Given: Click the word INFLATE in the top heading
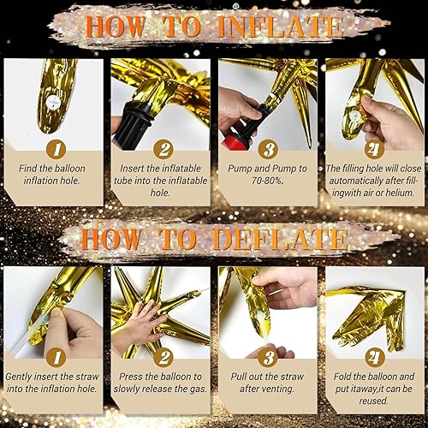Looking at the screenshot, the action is click(280, 27).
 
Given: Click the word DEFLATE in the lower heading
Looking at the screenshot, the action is click(281, 239).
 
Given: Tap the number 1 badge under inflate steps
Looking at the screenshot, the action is click(56, 149).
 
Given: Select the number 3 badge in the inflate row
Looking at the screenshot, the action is click(268, 149).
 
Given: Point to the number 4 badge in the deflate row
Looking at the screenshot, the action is click(375, 357).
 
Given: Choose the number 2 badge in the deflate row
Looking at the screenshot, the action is click(163, 357).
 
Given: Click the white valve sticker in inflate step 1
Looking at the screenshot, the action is click(52, 102).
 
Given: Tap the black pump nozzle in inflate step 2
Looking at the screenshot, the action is click(132, 122).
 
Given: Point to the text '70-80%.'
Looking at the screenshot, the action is click(268, 181).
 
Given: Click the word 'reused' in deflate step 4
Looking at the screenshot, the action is click(372, 401).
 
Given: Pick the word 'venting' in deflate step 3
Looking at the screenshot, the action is click(277, 389).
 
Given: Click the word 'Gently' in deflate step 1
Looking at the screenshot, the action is click(19, 377).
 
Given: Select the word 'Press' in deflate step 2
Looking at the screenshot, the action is click(130, 377).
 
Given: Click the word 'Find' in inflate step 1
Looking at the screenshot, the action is click(28, 169).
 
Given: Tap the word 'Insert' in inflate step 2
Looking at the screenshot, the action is click(132, 169).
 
